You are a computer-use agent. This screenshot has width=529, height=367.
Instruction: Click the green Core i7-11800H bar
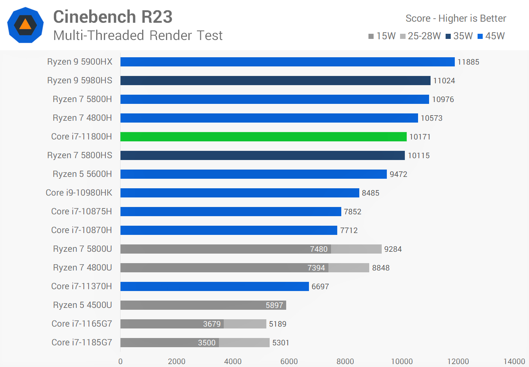point(263,137)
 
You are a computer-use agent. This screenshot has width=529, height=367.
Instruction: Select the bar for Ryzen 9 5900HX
point(287,62)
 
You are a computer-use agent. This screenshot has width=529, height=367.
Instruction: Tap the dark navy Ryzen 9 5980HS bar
point(275,80)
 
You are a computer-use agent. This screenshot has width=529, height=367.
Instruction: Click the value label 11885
point(468,62)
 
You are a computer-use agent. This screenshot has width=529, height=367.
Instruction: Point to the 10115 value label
point(418,156)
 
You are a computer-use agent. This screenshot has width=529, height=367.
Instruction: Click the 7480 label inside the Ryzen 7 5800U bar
point(319,249)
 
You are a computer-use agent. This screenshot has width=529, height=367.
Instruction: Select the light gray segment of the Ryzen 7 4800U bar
point(349,268)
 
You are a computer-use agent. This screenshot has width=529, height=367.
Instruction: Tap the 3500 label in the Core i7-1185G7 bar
point(206,343)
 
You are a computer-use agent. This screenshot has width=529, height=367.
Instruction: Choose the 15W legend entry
point(382,36)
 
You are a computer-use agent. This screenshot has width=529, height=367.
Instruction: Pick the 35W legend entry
point(459,36)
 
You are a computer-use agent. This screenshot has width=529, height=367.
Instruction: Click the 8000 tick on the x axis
point(345,361)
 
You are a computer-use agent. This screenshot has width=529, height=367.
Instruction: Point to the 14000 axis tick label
point(514,361)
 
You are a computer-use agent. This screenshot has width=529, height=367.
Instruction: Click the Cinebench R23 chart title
point(113,17)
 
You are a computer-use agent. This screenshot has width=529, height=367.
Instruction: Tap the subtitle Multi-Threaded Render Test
point(138,36)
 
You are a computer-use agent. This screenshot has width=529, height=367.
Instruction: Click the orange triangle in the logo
point(25,25)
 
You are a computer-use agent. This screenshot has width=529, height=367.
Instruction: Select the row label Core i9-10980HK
point(79,193)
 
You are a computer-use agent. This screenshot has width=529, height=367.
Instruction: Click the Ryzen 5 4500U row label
point(82,305)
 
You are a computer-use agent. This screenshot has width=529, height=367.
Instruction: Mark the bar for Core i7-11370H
point(215,286)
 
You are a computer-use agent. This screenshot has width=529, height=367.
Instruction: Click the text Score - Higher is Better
point(456,18)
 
